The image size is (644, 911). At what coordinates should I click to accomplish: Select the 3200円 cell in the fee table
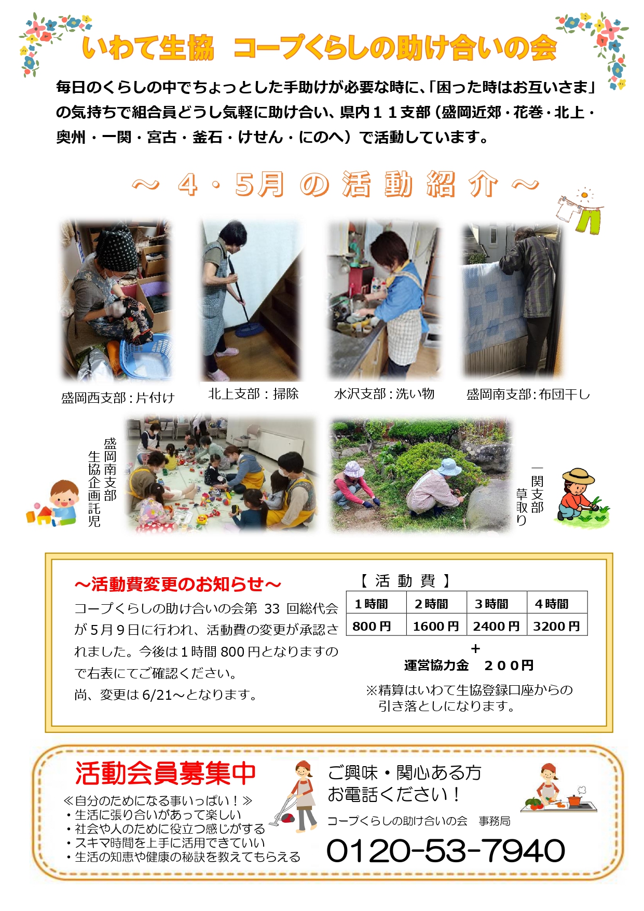coord(557,626)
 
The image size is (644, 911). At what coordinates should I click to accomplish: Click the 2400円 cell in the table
coord(497,626)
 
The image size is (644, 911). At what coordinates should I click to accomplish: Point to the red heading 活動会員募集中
coord(166,773)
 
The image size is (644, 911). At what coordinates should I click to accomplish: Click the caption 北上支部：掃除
coord(253,394)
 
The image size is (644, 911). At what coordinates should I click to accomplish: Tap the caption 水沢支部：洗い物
coord(384,394)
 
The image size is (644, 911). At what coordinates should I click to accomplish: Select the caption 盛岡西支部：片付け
coord(118,398)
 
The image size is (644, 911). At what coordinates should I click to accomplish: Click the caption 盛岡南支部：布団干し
coord(528,395)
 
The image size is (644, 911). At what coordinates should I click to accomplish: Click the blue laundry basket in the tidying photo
coord(146,357)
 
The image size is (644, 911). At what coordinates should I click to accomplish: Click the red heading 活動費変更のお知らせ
coord(178,584)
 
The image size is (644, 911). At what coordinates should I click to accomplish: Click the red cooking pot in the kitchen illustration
coord(574,800)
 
